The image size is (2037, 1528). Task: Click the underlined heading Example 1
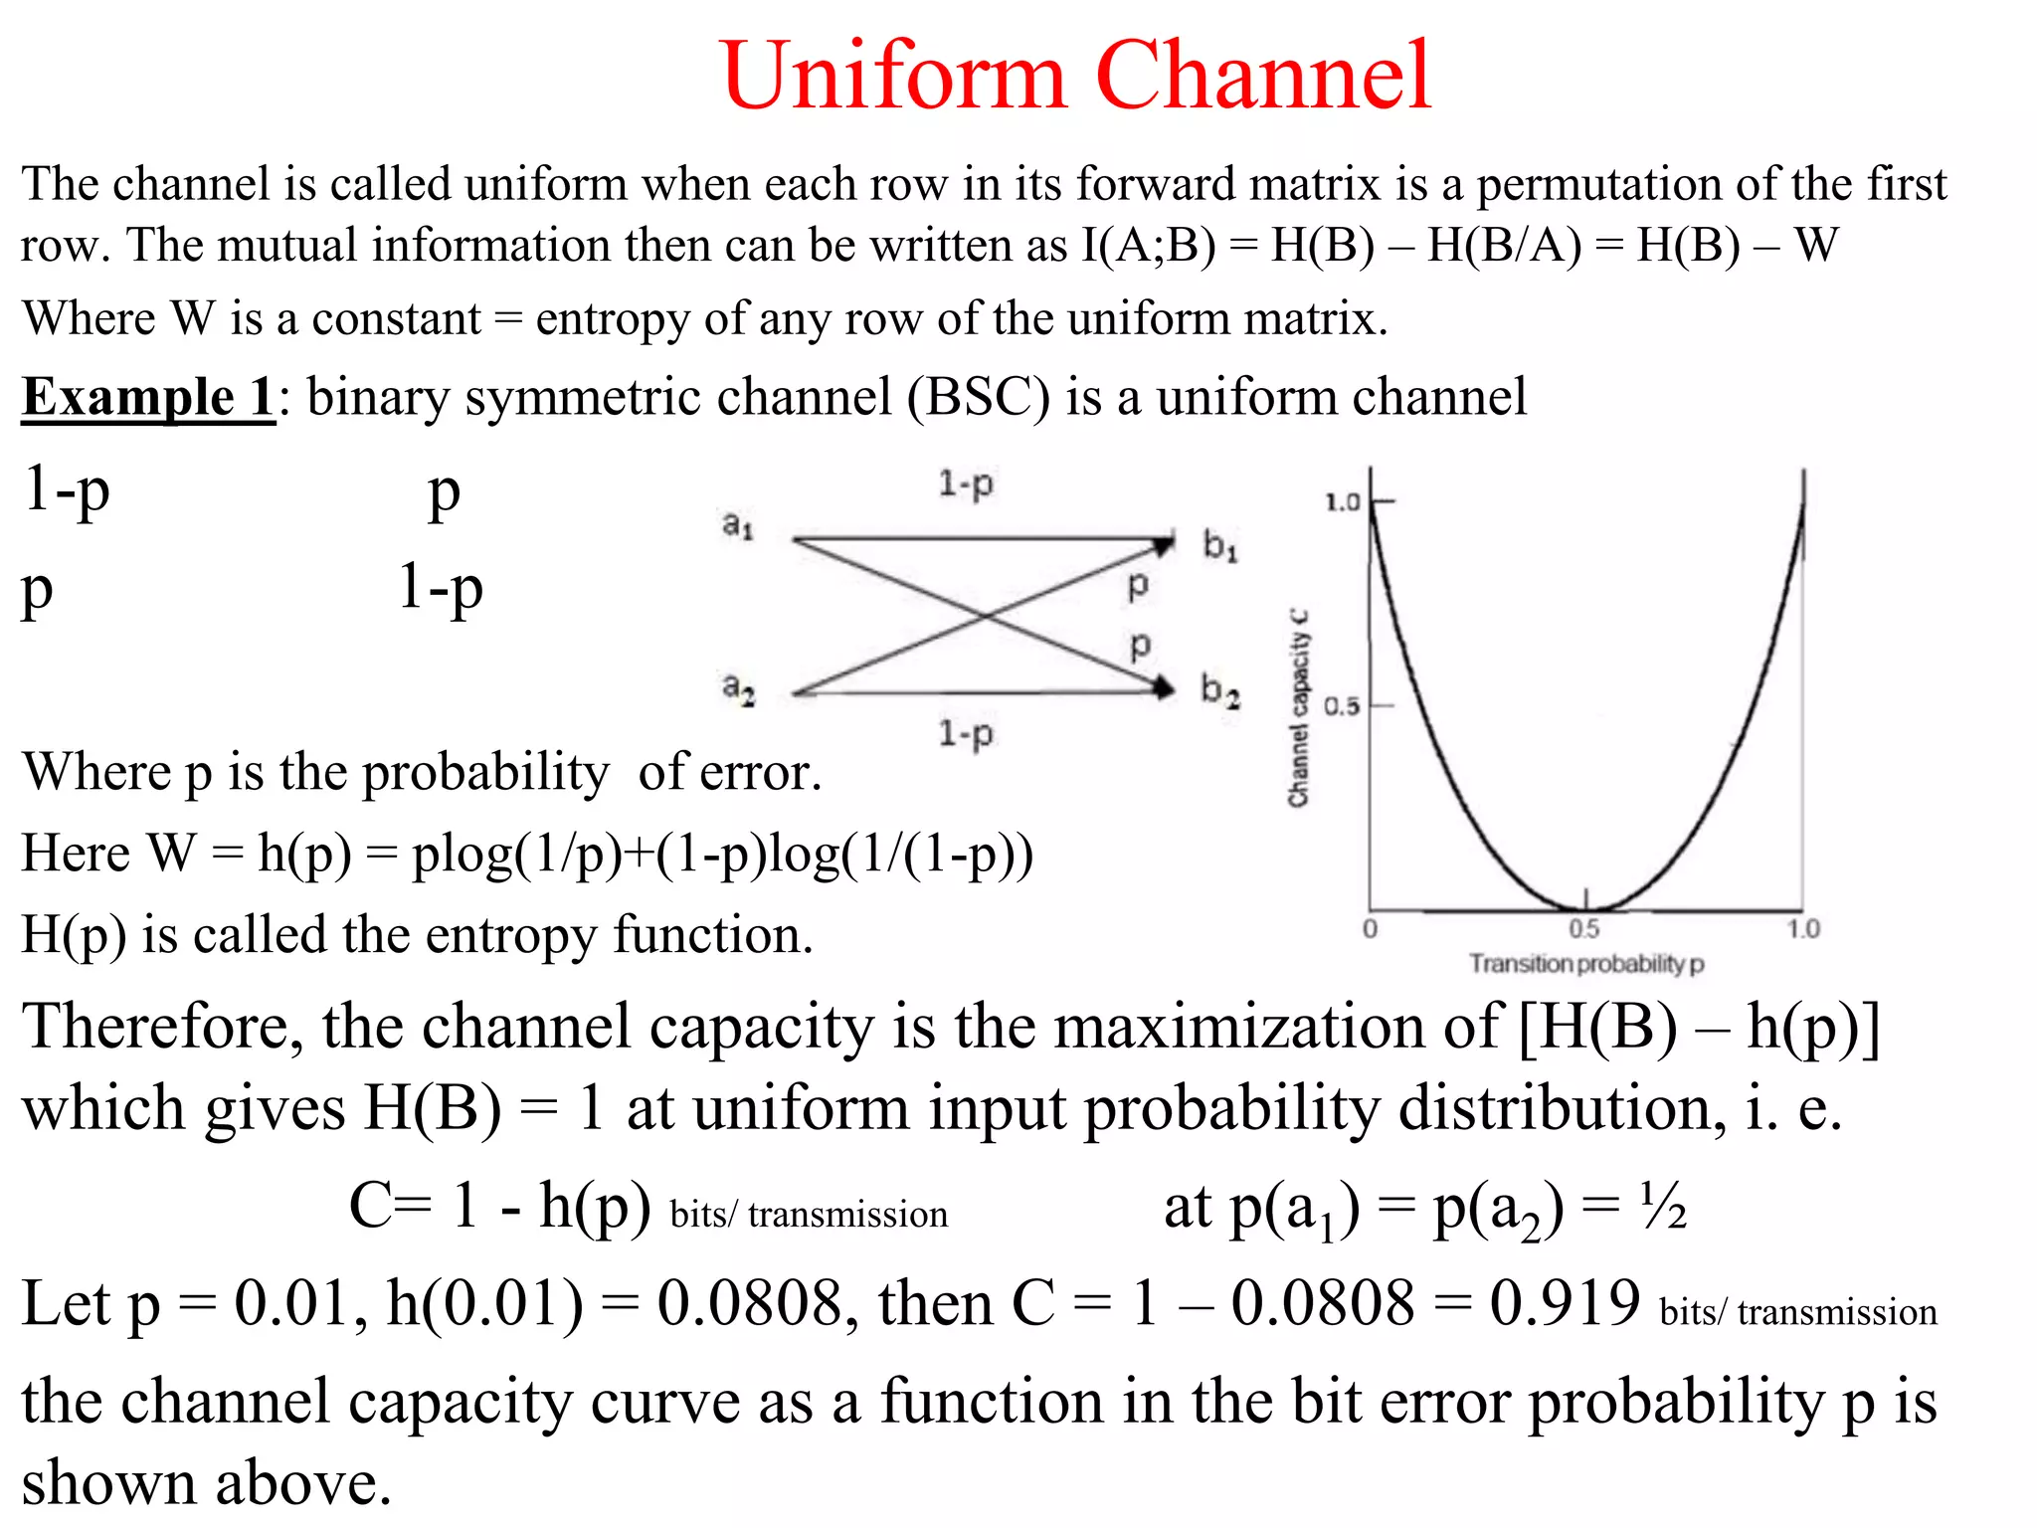click(x=148, y=397)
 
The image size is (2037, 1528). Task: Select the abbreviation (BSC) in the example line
click(x=978, y=397)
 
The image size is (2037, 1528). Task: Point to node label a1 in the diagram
click(x=737, y=524)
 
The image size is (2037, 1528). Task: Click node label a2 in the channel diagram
click(x=738, y=687)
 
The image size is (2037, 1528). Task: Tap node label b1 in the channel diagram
click(x=1219, y=545)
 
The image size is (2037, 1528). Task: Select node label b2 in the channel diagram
click(x=1219, y=689)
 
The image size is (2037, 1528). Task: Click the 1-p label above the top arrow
click(x=965, y=484)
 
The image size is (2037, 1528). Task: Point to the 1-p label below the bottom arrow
click(x=965, y=734)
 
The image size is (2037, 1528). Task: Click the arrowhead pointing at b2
click(x=1163, y=686)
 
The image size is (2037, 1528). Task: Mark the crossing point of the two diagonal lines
click(x=985, y=616)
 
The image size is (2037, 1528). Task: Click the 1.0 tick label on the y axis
click(x=1342, y=502)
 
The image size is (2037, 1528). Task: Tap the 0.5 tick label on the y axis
click(x=1342, y=706)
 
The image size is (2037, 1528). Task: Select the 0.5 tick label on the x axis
click(x=1583, y=929)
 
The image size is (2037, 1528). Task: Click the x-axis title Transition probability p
click(x=1586, y=964)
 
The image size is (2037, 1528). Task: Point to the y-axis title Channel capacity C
click(x=1298, y=707)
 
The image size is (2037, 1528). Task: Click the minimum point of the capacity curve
click(x=1586, y=908)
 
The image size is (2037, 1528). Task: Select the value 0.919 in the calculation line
click(x=1564, y=1302)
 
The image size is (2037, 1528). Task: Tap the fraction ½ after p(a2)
click(x=1663, y=1207)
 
